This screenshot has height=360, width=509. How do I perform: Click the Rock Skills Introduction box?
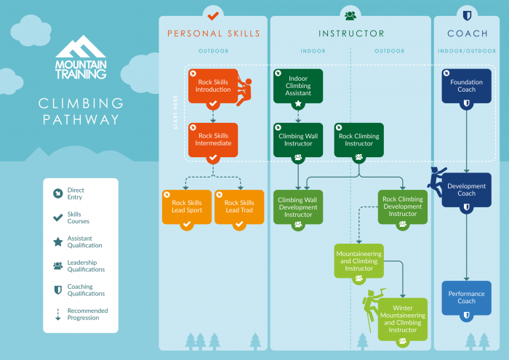click(x=213, y=87)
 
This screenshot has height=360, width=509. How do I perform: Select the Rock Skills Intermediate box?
click(x=213, y=140)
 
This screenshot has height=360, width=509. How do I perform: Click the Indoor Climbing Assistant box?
click(x=298, y=87)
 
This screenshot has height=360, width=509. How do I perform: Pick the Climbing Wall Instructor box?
click(x=298, y=140)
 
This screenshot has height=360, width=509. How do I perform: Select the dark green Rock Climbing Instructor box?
click(x=358, y=140)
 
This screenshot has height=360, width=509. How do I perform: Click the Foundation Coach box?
click(x=466, y=87)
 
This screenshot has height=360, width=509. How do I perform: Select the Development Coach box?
click(x=466, y=190)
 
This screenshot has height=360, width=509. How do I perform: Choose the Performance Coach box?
click(x=466, y=297)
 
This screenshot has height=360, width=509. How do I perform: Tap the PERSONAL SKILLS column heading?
click(x=213, y=33)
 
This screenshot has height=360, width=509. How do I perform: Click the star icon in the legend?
click(x=57, y=241)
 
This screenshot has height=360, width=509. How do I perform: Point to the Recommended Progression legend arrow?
click(x=57, y=314)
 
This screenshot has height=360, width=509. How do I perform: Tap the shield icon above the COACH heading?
click(x=466, y=15)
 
